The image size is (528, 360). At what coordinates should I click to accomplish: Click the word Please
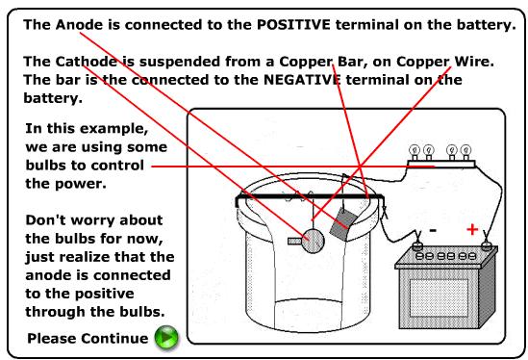click(x=54, y=339)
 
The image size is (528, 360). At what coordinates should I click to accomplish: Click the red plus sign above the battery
click(x=471, y=228)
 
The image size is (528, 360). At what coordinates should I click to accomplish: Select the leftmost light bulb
click(x=416, y=150)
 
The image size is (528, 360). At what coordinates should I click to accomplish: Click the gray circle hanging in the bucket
click(x=312, y=238)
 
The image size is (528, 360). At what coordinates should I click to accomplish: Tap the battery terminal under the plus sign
click(x=487, y=244)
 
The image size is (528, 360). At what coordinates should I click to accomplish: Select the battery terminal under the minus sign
click(x=418, y=244)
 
